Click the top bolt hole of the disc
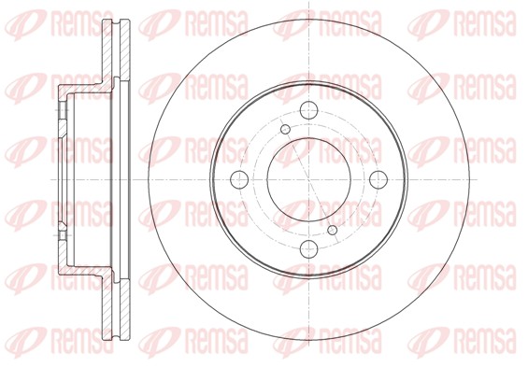click(308, 110)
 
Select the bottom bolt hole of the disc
click(308, 249)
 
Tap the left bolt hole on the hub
click(239, 179)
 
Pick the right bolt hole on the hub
click(378, 179)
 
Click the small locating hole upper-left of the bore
click(286, 129)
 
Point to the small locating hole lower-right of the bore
click(333, 230)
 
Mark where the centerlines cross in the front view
click(308, 179)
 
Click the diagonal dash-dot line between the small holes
click(308, 179)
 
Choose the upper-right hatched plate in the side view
click(125, 49)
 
